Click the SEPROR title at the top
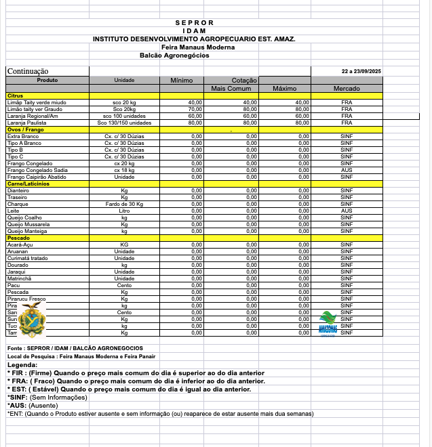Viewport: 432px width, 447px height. pyautogui.click(x=194, y=23)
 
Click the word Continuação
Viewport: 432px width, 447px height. pyautogui.click(x=28, y=71)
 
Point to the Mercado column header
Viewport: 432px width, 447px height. pyautogui.click(x=347, y=89)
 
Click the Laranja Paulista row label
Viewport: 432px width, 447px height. pyautogui.click(x=26, y=123)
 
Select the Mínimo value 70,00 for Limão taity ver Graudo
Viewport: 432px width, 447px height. pyautogui.click(x=195, y=109)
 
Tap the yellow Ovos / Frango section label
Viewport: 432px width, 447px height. pyautogui.click(x=22, y=129)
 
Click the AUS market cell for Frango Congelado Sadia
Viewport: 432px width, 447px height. pyautogui.click(x=347, y=170)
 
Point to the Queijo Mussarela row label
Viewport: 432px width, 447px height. pyautogui.click(x=28, y=224)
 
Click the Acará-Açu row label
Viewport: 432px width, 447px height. pyautogui.click(x=20, y=244)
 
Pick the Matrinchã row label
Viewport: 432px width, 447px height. pyautogui.click(x=20, y=278)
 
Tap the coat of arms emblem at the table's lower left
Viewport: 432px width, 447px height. pyautogui.click(x=31, y=320)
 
